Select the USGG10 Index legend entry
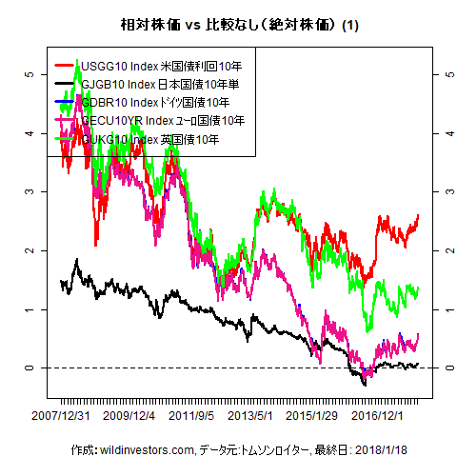pos(161,66)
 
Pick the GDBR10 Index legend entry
pos(154,102)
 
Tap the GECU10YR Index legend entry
pos(163,121)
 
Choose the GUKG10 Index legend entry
pos(150,139)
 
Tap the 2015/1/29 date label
pos(312,415)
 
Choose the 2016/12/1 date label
pos(376,415)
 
